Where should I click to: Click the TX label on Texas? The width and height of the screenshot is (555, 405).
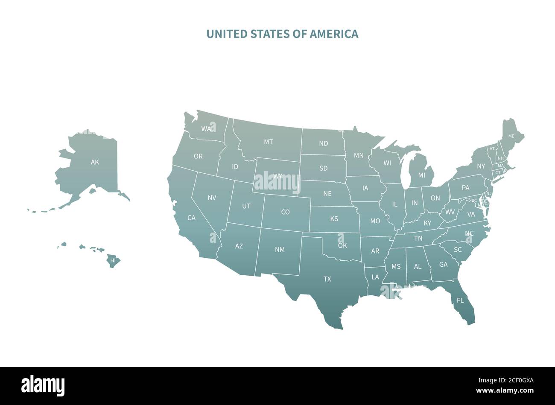(x=327, y=279)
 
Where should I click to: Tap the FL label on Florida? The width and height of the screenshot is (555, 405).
(x=460, y=300)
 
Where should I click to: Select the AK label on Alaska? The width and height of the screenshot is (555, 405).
(x=95, y=162)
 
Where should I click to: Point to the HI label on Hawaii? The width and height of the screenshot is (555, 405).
(x=113, y=260)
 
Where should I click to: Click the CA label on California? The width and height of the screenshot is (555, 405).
(x=191, y=218)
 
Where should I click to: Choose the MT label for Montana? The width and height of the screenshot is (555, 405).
(x=268, y=142)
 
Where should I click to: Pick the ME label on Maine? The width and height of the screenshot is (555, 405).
(x=511, y=136)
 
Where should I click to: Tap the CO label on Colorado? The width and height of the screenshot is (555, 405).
(x=285, y=212)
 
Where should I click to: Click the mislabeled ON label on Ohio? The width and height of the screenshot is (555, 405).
(x=435, y=198)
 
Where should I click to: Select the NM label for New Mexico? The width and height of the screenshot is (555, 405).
(x=280, y=250)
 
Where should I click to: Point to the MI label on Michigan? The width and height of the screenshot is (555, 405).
(x=422, y=175)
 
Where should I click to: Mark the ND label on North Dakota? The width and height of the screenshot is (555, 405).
(x=324, y=143)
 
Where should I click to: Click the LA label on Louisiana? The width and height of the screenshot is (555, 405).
(x=375, y=277)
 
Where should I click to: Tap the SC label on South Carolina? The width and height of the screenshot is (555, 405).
(x=458, y=249)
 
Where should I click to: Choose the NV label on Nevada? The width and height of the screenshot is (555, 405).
(x=212, y=198)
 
